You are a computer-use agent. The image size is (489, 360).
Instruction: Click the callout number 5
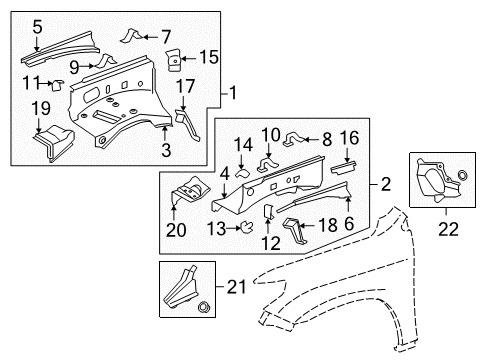click(37, 28)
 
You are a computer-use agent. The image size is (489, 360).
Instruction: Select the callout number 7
click(166, 37)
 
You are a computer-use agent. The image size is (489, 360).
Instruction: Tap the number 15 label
click(209, 56)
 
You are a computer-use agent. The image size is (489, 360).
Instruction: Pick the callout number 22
click(433, 229)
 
